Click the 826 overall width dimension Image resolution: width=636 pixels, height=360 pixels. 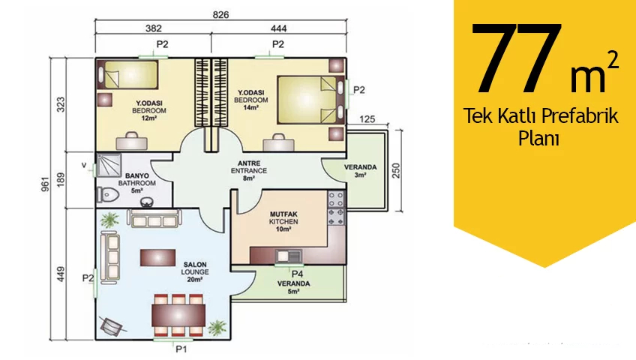[220, 15]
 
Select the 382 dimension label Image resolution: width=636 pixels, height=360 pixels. [153, 28]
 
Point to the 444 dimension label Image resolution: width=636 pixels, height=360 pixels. [279, 28]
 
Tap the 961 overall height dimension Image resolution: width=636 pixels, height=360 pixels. [46, 184]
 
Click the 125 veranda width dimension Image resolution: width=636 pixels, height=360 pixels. [367, 119]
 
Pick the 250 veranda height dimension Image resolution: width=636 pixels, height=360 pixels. [396, 171]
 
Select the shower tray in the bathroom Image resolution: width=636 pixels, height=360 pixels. [109, 166]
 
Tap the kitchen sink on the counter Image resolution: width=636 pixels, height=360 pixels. [289, 256]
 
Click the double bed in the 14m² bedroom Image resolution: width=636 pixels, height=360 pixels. [310, 100]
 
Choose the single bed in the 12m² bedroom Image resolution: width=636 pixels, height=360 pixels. [127, 74]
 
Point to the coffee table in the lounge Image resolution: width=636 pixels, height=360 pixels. [157, 258]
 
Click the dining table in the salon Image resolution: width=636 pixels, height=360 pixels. [178, 315]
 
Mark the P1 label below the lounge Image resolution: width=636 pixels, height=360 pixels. [181, 349]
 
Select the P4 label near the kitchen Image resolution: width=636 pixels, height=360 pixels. [297, 274]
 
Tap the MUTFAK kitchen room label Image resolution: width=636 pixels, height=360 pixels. [283, 214]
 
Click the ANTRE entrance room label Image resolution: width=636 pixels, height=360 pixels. [249, 163]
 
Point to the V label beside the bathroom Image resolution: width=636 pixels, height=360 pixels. [84, 165]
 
